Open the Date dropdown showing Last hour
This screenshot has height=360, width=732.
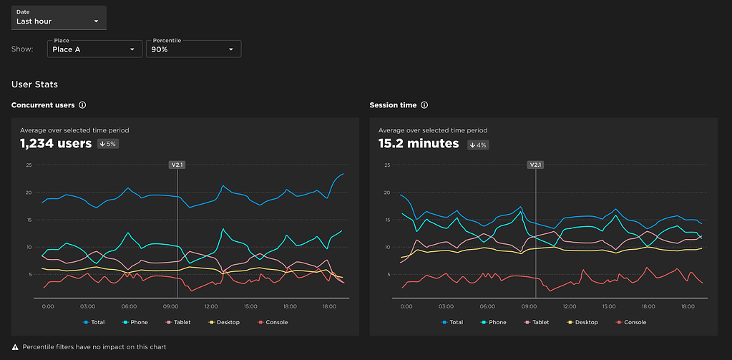[x=59, y=18]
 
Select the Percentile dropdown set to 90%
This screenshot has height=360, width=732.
[x=193, y=49]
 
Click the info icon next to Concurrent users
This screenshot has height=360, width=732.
[x=82, y=105]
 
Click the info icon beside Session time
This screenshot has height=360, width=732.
[x=424, y=105]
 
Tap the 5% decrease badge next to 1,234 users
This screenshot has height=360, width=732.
[x=108, y=144]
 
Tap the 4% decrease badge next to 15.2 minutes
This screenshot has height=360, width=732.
[x=478, y=145]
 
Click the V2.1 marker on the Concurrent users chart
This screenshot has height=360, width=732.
[x=177, y=165]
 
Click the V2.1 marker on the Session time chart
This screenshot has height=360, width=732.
[x=535, y=165]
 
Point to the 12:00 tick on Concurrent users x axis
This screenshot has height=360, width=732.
[x=211, y=306]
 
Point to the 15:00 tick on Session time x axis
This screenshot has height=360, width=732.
[x=610, y=306]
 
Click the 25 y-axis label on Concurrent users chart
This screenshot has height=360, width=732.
[x=29, y=165]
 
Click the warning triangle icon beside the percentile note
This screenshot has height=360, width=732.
[x=15, y=347]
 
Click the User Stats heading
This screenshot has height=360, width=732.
[x=34, y=84]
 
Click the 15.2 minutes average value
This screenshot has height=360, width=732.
[x=419, y=144]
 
